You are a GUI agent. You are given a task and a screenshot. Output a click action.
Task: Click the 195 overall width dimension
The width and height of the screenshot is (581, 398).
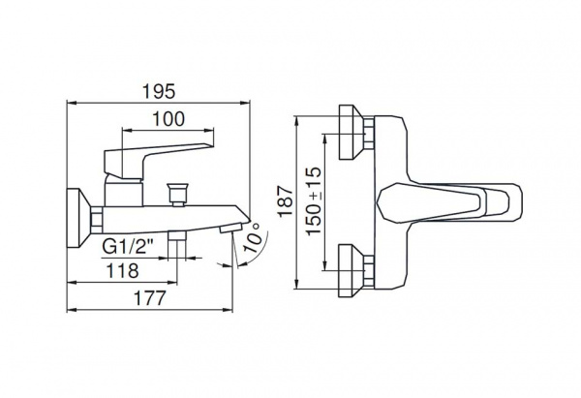[x=159, y=92]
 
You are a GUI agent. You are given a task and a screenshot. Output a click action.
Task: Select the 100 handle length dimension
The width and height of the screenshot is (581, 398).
[x=168, y=119]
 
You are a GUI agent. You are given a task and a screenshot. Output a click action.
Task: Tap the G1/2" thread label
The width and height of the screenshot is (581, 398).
[x=128, y=246]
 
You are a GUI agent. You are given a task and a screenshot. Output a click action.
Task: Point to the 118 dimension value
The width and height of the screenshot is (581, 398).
[x=122, y=271]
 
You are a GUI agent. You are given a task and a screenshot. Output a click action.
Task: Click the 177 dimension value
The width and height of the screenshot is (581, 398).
[x=149, y=298]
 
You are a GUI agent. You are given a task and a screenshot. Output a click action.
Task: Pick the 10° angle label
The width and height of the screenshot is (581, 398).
[x=254, y=238]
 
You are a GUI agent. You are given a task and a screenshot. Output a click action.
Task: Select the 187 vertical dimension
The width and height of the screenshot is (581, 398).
[x=286, y=201]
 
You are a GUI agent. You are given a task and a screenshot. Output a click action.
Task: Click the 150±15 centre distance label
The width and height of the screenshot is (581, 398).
[x=314, y=200]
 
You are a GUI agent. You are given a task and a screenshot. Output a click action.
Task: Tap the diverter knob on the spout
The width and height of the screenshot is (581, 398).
[x=177, y=194]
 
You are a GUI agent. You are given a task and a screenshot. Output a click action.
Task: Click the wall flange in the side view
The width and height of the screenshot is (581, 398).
[x=78, y=218]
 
